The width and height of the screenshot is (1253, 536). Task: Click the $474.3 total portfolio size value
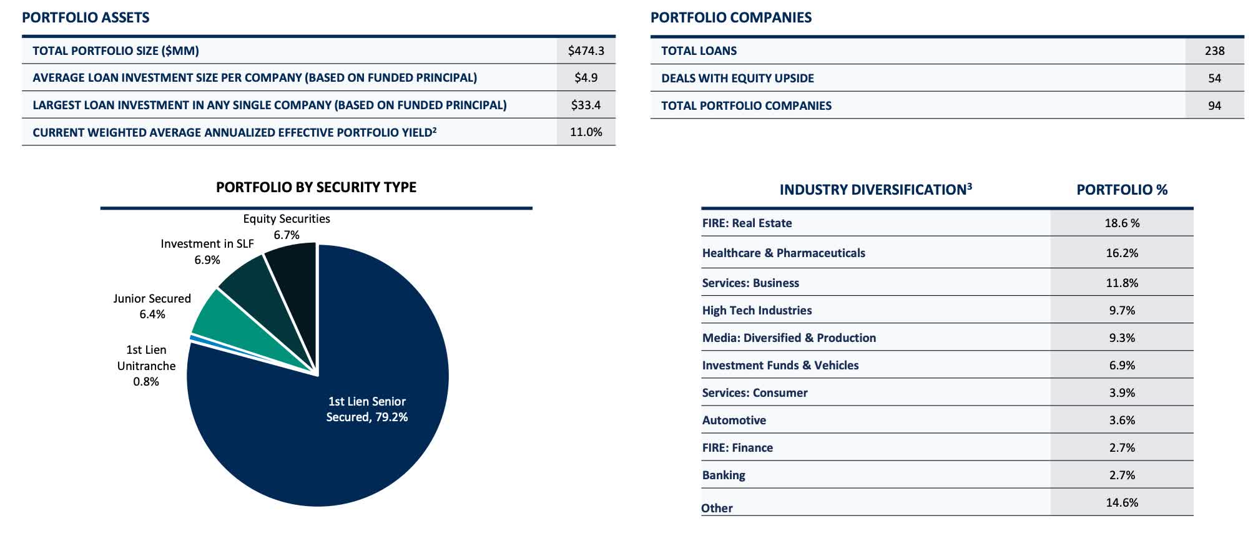click(586, 51)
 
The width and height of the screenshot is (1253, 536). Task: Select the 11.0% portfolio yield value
click(586, 132)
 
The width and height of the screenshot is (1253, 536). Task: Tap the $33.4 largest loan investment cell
click(586, 105)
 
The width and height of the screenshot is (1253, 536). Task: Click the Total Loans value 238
click(1214, 51)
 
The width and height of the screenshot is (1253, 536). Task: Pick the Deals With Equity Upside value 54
click(1214, 78)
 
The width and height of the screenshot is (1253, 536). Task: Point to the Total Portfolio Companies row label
click(746, 105)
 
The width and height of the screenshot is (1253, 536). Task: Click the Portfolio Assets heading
click(86, 17)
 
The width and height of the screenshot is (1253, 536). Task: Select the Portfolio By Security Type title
click(316, 187)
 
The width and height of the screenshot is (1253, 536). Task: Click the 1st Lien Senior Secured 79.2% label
click(367, 409)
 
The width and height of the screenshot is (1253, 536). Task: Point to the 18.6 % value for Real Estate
click(1122, 223)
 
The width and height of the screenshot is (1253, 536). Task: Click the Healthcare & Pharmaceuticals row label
click(784, 253)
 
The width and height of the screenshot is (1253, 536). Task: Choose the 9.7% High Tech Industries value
click(1122, 310)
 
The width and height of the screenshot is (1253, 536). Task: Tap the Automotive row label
click(734, 420)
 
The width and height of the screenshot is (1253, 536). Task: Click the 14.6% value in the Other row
click(1122, 502)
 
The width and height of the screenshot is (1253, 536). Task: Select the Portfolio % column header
click(1122, 190)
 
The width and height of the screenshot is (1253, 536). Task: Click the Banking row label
click(724, 475)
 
